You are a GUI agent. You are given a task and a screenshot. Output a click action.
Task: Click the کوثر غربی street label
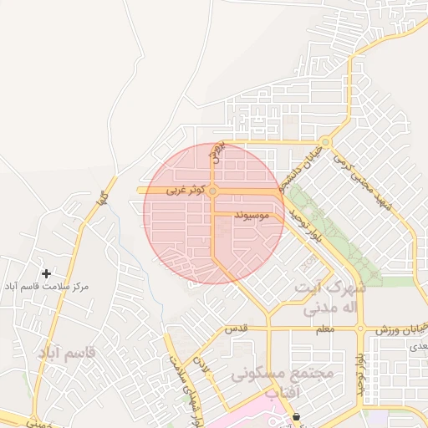point(185,191)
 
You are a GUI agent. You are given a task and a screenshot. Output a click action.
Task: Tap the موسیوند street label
point(251,216)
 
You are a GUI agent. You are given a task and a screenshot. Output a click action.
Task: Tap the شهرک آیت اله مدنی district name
point(330,297)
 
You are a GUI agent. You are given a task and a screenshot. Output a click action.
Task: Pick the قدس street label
point(238,329)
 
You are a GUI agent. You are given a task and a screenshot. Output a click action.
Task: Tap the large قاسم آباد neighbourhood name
point(66,352)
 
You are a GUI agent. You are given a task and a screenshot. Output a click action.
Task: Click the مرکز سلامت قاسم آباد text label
point(46,287)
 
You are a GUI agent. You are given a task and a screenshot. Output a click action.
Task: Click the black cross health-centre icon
point(46,273)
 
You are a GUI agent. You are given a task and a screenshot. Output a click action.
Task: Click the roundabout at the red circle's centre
point(213,192)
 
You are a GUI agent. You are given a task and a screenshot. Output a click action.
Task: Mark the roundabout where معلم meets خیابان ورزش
point(360,329)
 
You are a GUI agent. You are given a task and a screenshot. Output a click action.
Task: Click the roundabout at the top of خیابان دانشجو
point(324,140)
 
